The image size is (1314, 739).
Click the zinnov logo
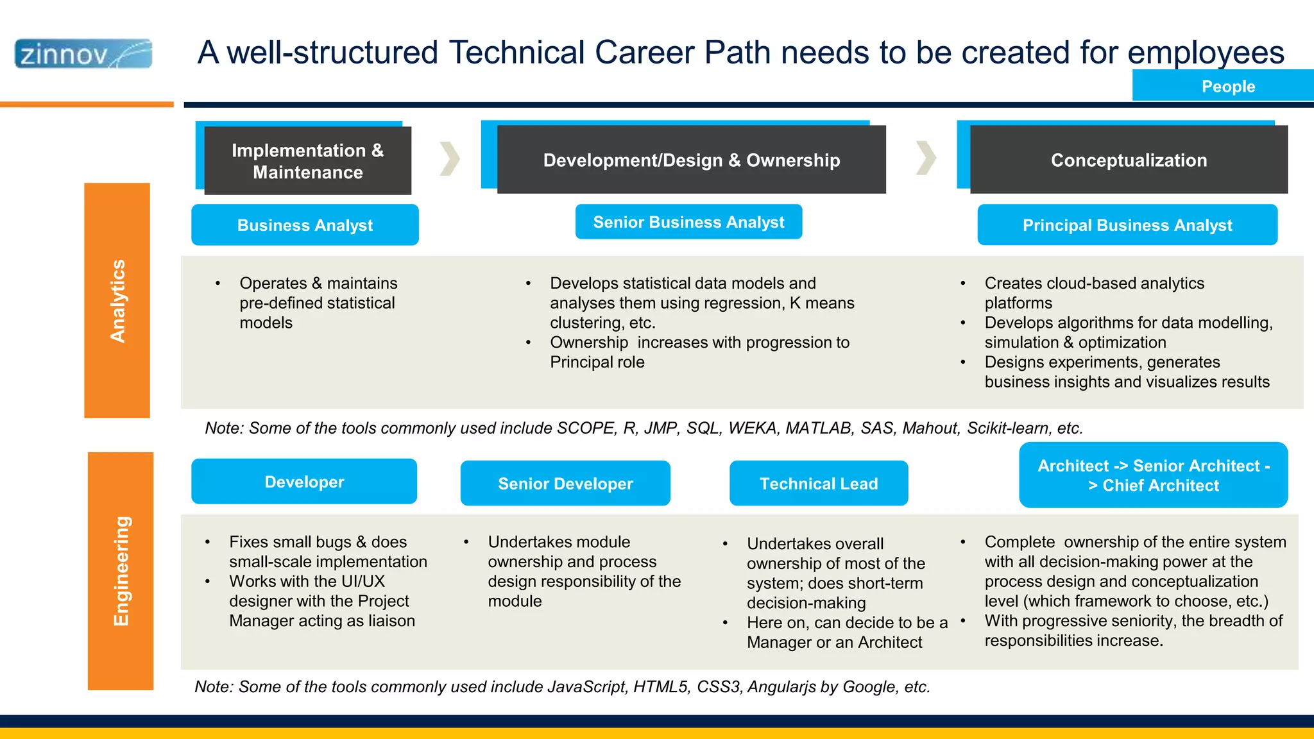(x=83, y=54)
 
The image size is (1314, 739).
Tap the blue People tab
(x=1227, y=86)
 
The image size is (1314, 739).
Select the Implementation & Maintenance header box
(x=307, y=161)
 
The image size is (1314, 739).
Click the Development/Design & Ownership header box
(x=691, y=160)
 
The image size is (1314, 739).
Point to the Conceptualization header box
(x=1129, y=160)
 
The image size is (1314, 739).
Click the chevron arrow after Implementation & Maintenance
(x=450, y=158)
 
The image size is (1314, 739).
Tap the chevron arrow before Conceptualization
(x=926, y=158)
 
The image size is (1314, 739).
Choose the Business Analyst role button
(x=305, y=225)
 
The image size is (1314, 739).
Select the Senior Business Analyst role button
(x=688, y=222)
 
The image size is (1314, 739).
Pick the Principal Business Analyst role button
(x=1127, y=225)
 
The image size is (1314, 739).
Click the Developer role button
(x=304, y=482)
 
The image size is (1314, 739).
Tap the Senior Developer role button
(x=565, y=484)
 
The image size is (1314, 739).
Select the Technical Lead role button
(x=819, y=484)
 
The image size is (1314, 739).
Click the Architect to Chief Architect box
(x=1153, y=475)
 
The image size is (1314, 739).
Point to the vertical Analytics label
(x=117, y=301)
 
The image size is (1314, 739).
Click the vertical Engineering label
(x=121, y=571)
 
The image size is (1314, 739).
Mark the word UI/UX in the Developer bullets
(x=363, y=582)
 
